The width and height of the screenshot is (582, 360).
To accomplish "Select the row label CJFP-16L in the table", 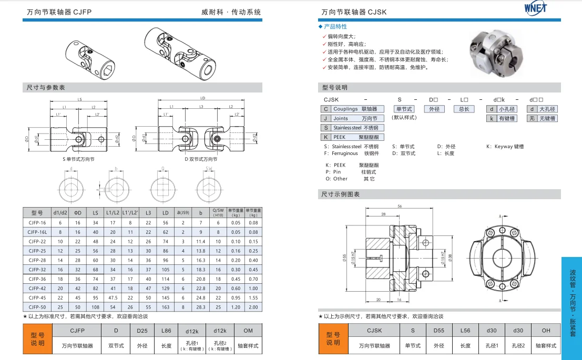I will click(x=37, y=232).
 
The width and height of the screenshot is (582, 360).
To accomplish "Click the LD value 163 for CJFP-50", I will click(x=166, y=307).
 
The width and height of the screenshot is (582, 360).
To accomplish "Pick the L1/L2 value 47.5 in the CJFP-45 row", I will click(x=113, y=297).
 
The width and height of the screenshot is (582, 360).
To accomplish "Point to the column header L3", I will click(x=148, y=213).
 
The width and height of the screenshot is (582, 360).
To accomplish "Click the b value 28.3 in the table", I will click(x=200, y=307).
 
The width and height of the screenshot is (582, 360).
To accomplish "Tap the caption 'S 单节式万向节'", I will click(x=79, y=159).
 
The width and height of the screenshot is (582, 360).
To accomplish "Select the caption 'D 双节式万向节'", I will click(x=201, y=159).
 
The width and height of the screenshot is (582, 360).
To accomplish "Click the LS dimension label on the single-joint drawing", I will click(x=79, y=99).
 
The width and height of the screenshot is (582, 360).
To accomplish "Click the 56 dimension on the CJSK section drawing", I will click(x=401, y=207).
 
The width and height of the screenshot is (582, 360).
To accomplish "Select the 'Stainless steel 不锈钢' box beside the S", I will click(x=355, y=128).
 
